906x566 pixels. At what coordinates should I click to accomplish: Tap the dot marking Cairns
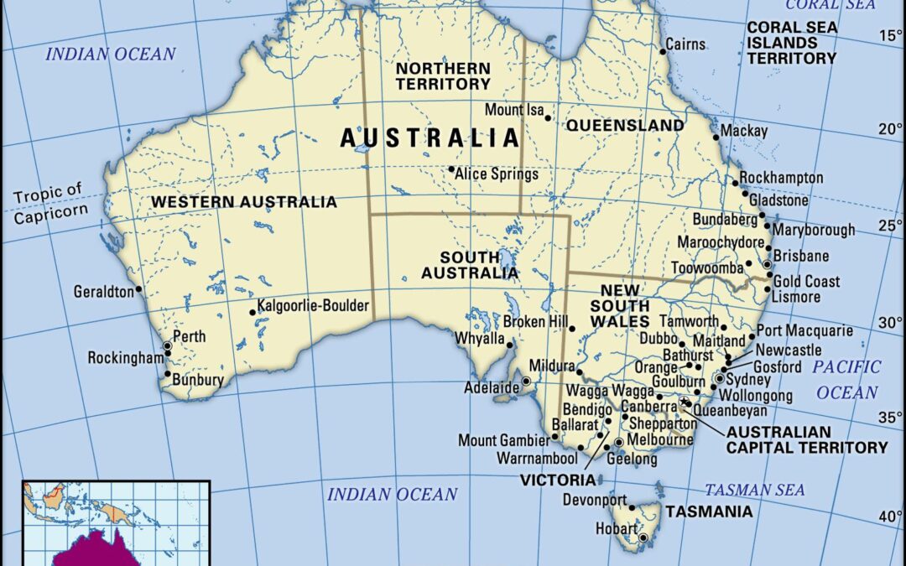(663, 51)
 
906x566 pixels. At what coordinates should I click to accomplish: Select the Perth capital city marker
(168, 345)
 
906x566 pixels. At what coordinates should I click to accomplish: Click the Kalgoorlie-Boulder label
(313, 306)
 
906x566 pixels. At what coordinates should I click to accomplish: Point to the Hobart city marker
(643, 537)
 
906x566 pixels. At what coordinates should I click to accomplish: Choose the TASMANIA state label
(709, 511)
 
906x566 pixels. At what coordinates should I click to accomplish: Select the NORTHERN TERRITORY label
(442, 75)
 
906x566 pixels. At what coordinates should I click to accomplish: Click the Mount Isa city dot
(549, 117)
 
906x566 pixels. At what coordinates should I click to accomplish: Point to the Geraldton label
(103, 292)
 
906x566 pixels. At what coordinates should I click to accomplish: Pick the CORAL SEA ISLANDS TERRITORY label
(791, 43)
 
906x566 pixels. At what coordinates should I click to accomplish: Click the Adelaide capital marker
(526, 382)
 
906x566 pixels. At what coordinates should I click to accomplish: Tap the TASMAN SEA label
(754, 490)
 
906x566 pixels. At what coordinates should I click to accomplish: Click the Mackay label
(745, 131)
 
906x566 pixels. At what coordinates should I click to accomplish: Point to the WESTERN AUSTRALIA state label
(244, 202)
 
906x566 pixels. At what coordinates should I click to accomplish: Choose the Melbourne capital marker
(619, 442)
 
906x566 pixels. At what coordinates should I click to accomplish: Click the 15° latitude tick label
(888, 35)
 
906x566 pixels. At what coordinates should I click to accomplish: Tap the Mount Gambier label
(502, 440)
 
